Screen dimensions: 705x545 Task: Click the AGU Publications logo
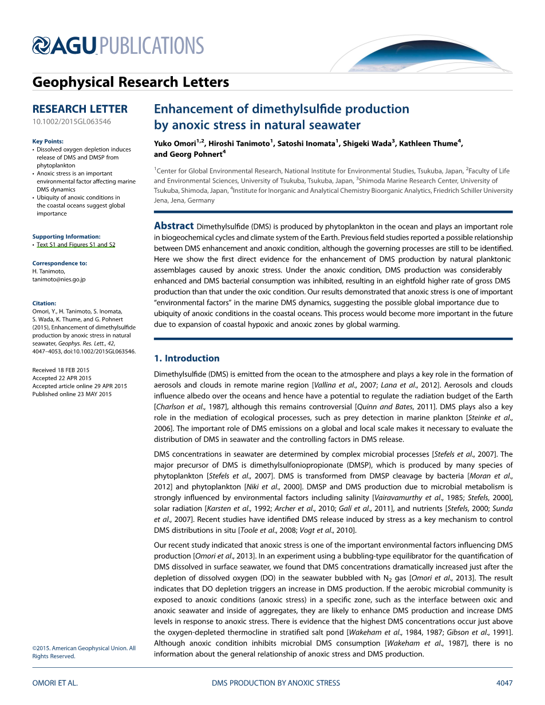coord(118,45)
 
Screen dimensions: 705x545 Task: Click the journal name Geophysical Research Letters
coord(131,82)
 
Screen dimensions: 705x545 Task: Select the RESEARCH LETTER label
coord(80,109)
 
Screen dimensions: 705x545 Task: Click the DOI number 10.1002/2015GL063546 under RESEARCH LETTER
coord(72,121)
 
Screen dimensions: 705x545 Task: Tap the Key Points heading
coord(48,141)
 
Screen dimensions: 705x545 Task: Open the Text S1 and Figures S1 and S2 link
coord(76,244)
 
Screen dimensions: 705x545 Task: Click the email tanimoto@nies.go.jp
coord(59,279)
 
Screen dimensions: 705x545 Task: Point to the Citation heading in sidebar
coord(45,303)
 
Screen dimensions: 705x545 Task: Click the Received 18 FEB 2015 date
coord(61,370)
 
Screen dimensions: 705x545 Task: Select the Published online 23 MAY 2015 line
coord(72,394)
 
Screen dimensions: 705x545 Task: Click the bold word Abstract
coord(174,226)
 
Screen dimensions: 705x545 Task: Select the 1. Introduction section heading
coord(187,358)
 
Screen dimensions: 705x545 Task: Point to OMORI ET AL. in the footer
coord(55,683)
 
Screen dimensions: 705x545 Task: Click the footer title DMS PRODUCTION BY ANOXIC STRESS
coord(276,683)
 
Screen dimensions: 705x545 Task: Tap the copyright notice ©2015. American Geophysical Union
coord(84,648)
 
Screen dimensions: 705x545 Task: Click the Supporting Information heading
coord(66,236)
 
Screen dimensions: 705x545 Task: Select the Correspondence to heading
coord(60,263)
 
